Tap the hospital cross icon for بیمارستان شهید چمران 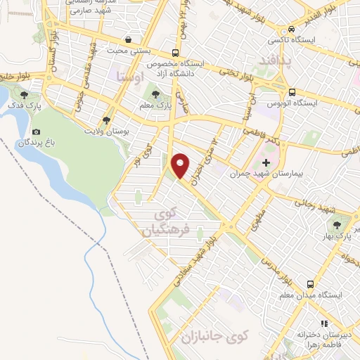pyautogui.click(x=266, y=163)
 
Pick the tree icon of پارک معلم pyautogui.click(x=156, y=93)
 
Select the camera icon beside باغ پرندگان pyautogui.click(x=36, y=131)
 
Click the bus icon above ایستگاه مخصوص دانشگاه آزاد pyautogui.click(x=174, y=53)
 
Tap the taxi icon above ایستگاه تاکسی pyautogui.click(x=291, y=30)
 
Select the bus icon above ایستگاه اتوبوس pyautogui.click(x=291, y=92)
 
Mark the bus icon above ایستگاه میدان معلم pyautogui.click(x=310, y=284)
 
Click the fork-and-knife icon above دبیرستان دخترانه pyautogui.click(x=324, y=323)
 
